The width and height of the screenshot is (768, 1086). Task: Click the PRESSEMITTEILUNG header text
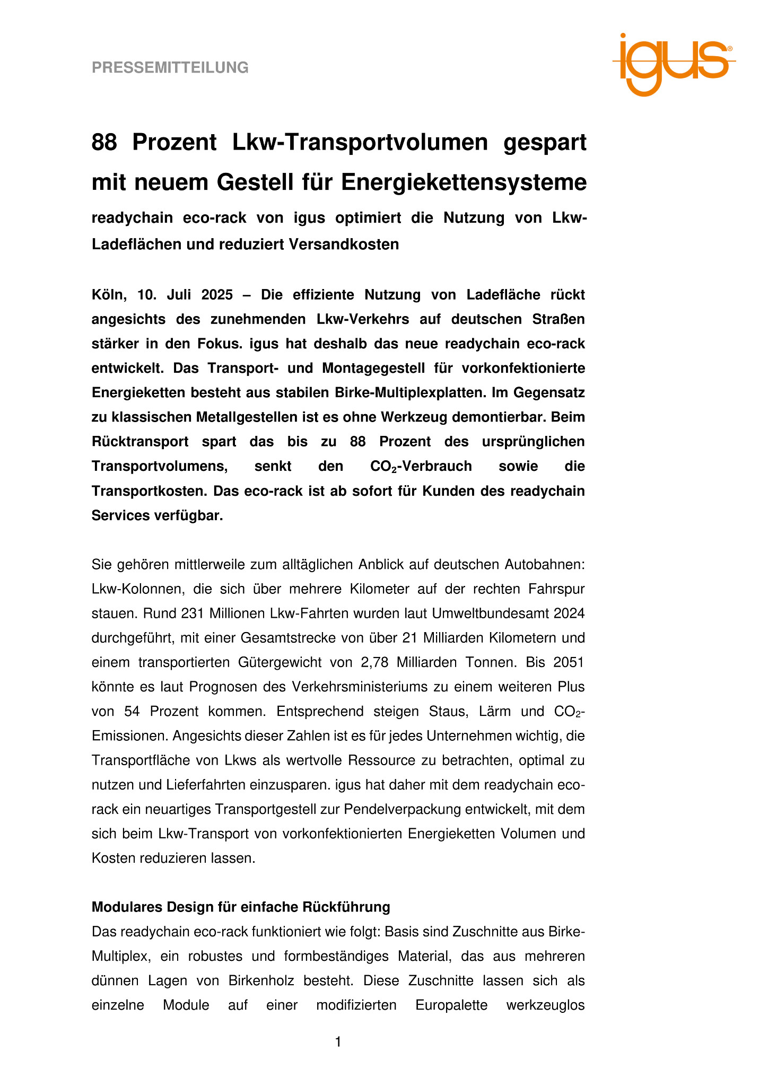coord(170,68)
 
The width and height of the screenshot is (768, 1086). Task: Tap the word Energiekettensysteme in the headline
coord(464,182)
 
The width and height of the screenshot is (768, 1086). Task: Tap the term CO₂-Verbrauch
coord(421,467)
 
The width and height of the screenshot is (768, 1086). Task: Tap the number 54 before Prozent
coord(132,712)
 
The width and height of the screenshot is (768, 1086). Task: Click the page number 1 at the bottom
coord(338,1043)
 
